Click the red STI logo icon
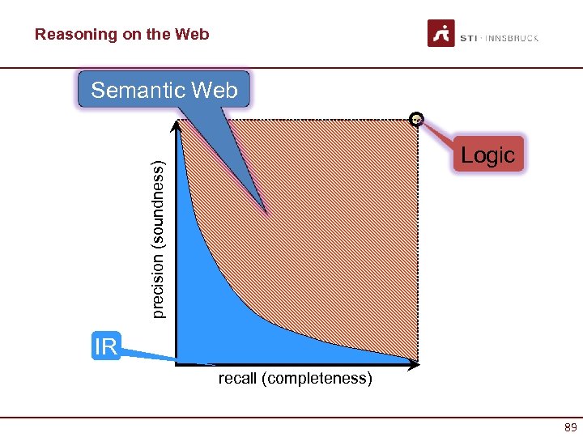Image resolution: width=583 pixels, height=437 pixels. click(x=441, y=34)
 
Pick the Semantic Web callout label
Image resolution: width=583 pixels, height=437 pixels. click(x=164, y=90)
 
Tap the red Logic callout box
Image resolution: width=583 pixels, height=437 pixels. click(x=487, y=155)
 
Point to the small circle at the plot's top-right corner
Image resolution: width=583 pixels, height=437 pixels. click(x=416, y=119)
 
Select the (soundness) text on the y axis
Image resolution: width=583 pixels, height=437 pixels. click(x=160, y=202)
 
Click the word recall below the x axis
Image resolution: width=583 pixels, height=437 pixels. click(x=236, y=379)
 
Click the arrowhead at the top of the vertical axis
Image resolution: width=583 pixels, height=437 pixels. click(x=176, y=125)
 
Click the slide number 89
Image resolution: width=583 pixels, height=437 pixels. click(x=571, y=428)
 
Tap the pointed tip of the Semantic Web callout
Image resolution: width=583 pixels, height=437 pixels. click(x=265, y=212)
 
